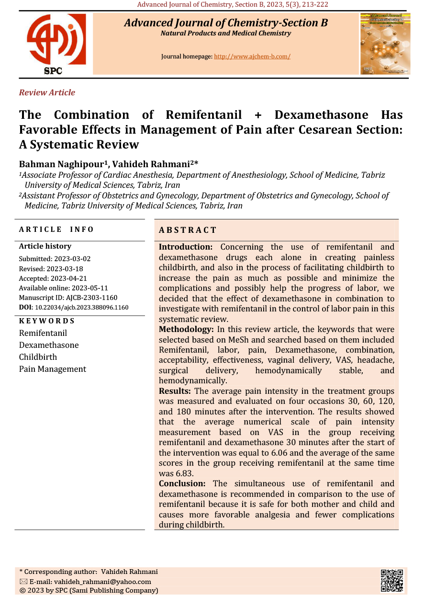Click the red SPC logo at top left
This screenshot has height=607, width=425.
[56, 43]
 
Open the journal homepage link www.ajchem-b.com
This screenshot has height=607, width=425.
[252, 57]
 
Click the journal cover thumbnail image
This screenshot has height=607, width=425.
[385, 44]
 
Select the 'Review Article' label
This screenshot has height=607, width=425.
[47, 92]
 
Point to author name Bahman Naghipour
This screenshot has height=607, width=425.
[63, 164]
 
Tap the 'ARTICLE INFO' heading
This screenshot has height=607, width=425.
[56, 229]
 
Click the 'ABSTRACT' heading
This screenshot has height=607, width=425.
[188, 230]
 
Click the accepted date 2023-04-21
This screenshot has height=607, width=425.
[68, 278]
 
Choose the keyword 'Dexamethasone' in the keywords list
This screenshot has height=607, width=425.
[49, 345]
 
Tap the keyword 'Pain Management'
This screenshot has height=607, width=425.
[53, 369]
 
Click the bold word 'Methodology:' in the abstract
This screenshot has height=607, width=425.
[186, 330]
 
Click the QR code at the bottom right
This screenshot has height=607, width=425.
[391, 581]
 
